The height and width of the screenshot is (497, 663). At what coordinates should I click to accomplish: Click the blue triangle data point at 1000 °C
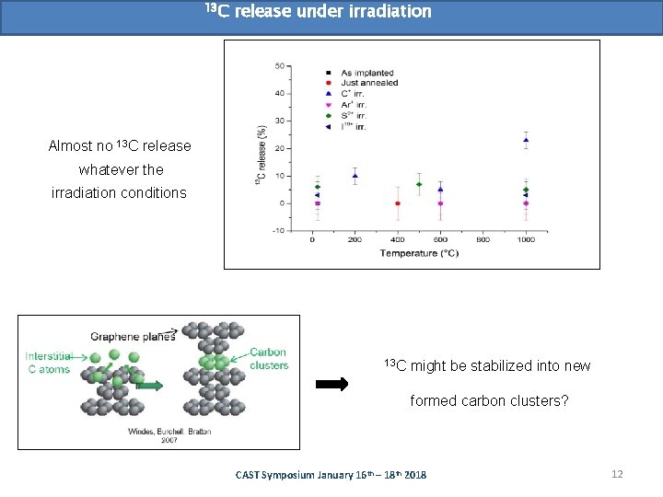pyautogui.click(x=526, y=140)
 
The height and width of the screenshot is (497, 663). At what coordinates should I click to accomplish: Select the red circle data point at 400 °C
pyautogui.click(x=398, y=203)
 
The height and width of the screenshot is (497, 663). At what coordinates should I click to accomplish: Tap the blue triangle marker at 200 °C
pyautogui.click(x=355, y=176)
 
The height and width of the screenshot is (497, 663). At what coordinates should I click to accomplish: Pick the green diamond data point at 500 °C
pyautogui.click(x=419, y=184)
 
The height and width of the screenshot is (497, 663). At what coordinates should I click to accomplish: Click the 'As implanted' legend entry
pyautogui.click(x=366, y=73)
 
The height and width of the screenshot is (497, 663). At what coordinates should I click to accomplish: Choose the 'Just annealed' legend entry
pyautogui.click(x=369, y=83)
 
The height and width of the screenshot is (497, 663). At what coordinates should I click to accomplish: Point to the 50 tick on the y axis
pyautogui.click(x=279, y=66)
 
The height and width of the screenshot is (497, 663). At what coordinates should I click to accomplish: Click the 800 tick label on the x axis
pyautogui.click(x=483, y=239)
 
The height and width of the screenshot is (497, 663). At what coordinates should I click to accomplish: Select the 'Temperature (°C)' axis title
pyautogui.click(x=419, y=252)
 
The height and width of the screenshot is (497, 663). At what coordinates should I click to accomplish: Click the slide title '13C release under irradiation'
pyautogui.click(x=318, y=12)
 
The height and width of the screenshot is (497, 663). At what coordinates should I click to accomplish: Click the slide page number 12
pyautogui.click(x=617, y=474)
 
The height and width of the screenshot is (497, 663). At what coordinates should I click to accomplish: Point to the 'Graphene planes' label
pyautogui.click(x=133, y=336)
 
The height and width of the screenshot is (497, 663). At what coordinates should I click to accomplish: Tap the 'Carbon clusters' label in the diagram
pyautogui.click(x=269, y=358)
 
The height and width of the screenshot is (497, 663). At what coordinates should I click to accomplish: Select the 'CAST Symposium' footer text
pyautogui.click(x=331, y=475)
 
